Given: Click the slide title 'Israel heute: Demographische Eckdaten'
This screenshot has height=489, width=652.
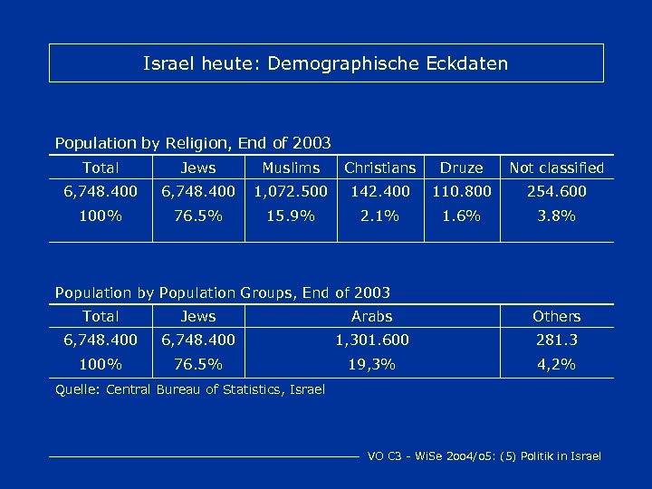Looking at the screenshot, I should pyautogui.click(x=326, y=64).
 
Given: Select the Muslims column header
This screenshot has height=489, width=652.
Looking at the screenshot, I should pyautogui.click(x=291, y=168).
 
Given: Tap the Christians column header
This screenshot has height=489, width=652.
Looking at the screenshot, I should pyautogui.click(x=380, y=168).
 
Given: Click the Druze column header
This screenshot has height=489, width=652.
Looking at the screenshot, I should pyautogui.click(x=462, y=168).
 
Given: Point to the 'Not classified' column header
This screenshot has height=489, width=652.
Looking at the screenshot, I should pyautogui.click(x=556, y=168).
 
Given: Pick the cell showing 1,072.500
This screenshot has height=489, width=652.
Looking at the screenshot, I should pyautogui.click(x=291, y=192).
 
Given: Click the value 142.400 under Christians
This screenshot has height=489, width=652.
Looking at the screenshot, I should pyautogui.click(x=380, y=192).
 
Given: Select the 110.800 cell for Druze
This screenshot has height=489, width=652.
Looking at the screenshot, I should pyautogui.click(x=462, y=192).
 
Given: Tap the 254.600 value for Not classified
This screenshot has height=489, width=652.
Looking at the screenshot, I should pyautogui.click(x=556, y=192).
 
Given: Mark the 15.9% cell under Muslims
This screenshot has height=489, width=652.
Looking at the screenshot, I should pyautogui.click(x=291, y=216).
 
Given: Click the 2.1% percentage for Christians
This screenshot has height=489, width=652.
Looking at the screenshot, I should pyautogui.click(x=380, y=216).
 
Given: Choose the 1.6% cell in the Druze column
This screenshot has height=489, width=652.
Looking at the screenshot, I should pyautogui.click(x=462, y=216).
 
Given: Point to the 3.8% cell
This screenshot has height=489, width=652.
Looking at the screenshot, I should pyautogui.click(x=556, y=216).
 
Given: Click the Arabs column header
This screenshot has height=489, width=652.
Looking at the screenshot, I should pyautogui.click(x=372, y=316).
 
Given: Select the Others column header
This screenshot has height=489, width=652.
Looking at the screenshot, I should pyautogui.click(x=556, y=316).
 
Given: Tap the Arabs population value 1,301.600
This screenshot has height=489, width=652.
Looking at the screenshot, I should pyautogui.click(x=372, y=340).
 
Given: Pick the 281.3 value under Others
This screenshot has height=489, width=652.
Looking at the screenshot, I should pyautogui.click(x=556, y=340).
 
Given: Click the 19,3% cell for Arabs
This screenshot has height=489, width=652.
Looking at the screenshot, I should pyautogui.click(x=372, y=365).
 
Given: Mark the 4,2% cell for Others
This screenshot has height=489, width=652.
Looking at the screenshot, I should pyautogui.click(x=556, y=365).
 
